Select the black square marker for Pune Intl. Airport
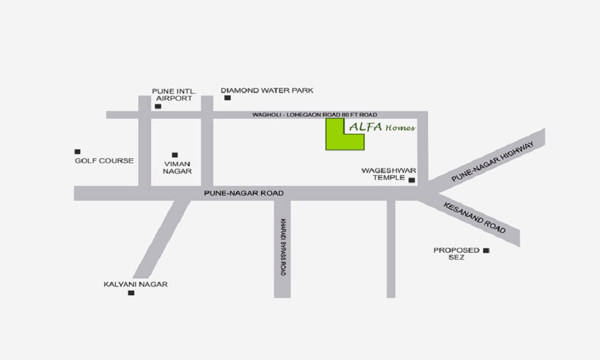pos(158,106)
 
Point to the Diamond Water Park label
pos(267,91)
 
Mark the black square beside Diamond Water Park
pos(227,98)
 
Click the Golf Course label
pos(104,161)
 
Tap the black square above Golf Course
pos(77,152)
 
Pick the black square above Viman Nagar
pos(175,155)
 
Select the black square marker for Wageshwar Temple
pos(412,180)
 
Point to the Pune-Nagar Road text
pos(244,193)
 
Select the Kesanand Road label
pos(474,218)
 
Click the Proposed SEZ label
pos(457,253)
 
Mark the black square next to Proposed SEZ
pos(486,250)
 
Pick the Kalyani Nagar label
pos(136,284)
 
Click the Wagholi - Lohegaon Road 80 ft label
pos(314,114)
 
